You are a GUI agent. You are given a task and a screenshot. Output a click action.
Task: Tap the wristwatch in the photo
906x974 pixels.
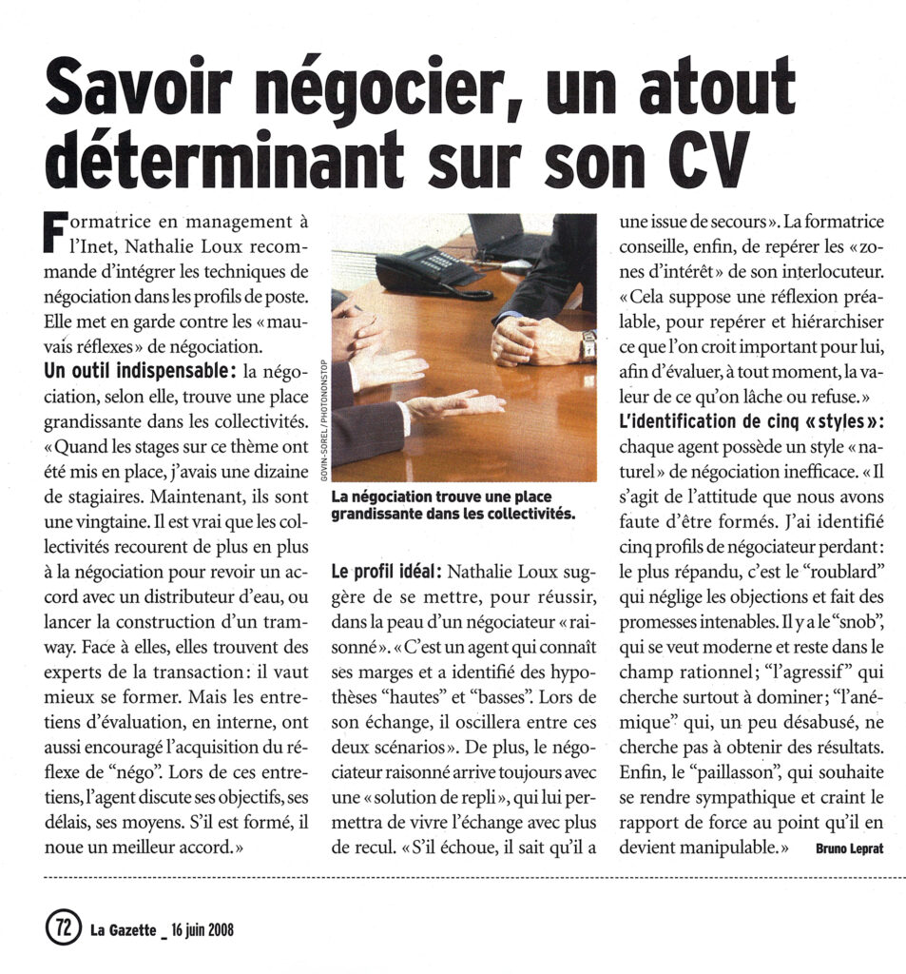click(588, 344)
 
